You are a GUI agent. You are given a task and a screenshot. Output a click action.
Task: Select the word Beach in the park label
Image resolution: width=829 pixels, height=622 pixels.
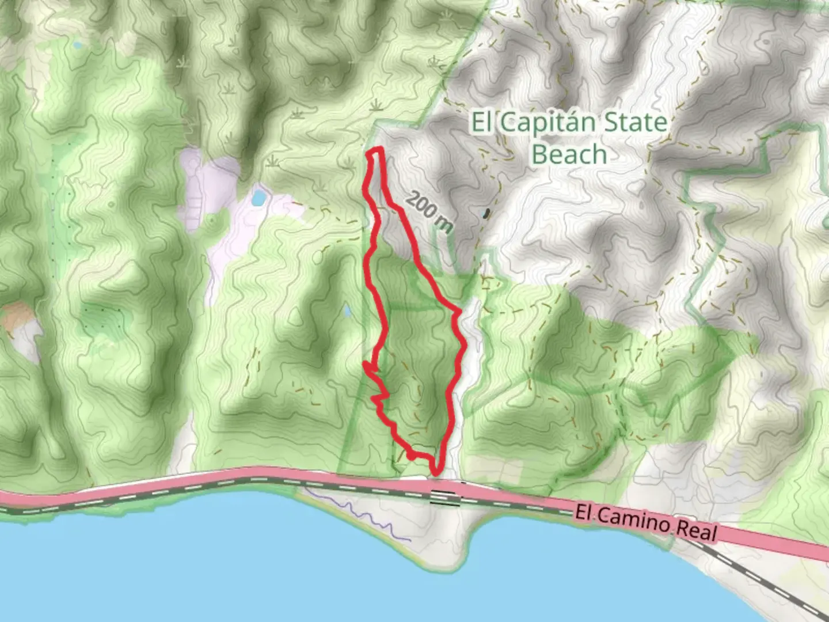(x=569, y=154)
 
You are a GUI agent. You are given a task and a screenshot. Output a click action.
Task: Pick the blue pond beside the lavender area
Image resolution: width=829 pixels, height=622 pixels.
(x=258, y=199)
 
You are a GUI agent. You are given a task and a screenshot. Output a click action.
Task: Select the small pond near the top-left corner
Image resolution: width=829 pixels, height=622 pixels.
(x=77, y=44)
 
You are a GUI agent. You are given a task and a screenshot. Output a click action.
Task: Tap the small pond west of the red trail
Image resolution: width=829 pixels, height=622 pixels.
(x=347, y=312)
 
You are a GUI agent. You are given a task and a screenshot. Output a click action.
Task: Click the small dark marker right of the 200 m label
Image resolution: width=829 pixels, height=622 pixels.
(x=488, y=214)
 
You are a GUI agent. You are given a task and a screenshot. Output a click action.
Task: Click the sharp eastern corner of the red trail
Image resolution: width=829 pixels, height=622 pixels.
(x=459, y=313)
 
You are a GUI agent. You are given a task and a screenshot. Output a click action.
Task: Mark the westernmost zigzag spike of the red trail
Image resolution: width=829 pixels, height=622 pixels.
(x=366, y=365)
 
